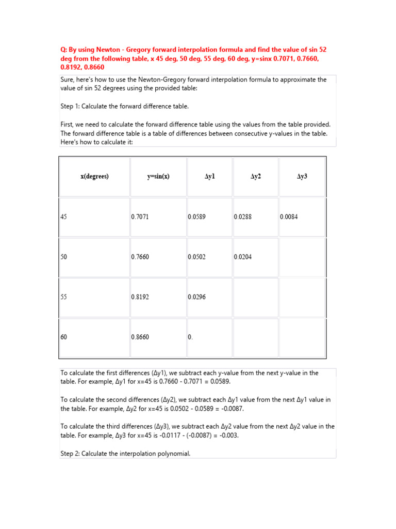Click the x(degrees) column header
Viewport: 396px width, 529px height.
point(94,176)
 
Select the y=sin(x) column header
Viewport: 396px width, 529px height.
point(158,176)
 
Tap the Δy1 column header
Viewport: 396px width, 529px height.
point(209,176)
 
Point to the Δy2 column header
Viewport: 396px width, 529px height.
point(256,176)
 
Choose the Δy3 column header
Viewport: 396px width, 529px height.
point(302,176)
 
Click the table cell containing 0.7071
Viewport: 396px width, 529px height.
point(140,217)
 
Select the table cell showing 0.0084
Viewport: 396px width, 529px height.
point(289,217)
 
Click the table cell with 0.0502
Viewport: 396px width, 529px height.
point(196,257)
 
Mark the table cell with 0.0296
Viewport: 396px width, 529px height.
point(196,297)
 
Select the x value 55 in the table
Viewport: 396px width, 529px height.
point(64,297)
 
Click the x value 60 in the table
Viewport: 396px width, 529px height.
point(64,337)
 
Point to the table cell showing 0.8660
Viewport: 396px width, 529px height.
point(140,337)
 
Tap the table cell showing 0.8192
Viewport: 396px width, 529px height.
point(140,297)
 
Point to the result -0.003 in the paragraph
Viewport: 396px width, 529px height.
point(226,435)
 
